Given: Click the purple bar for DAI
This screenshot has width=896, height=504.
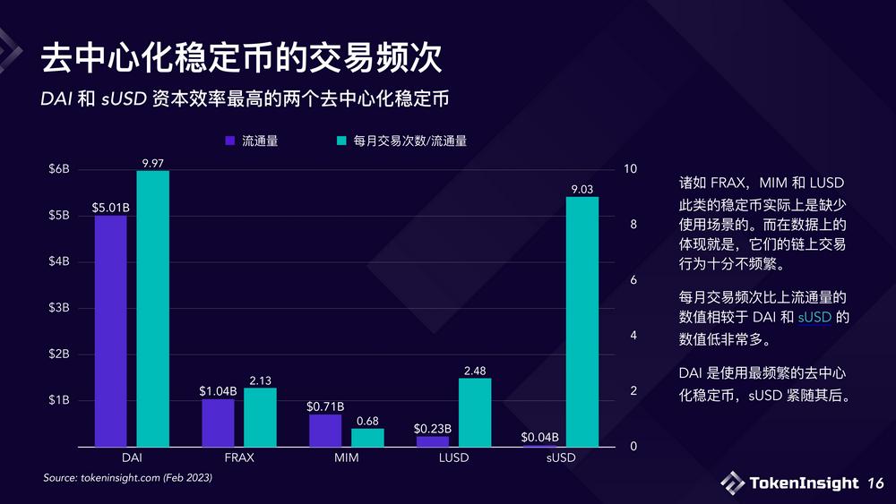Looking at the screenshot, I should click(x=110, y=330).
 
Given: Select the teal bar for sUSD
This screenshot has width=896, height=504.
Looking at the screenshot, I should click(x=582, y=321).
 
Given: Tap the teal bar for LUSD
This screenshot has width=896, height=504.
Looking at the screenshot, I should click(x=475, y=412).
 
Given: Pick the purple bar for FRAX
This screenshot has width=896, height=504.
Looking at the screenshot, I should click(x=218, y=423).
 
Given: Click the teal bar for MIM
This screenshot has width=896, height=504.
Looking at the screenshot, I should click(x=367, y=437).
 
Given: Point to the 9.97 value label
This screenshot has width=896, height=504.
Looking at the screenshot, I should click(x=152, y=162).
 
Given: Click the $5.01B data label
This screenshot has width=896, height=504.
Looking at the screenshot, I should click(x=111, y=208).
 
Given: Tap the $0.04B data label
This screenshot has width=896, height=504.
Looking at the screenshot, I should click(x=540, y=438).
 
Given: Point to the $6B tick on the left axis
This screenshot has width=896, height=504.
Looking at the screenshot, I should click(x=58, y=169).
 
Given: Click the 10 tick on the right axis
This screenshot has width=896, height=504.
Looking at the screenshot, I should click(x=631, y=169).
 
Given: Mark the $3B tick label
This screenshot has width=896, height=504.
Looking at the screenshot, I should click(x=58, y=308).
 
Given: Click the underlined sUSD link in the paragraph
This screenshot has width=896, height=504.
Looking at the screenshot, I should click(x=814, y=318).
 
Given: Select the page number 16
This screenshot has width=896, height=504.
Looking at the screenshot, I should click(x=875, y=483).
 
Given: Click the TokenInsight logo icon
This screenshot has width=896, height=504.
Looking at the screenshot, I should click(x=732, y=483).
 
